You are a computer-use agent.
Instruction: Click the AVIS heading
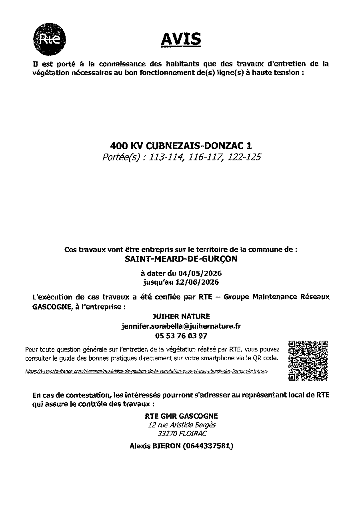[x=181, y=39]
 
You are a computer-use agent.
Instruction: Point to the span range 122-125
[x=244, y=157]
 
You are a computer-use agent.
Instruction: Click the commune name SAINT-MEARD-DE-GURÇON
[x=181, y=259]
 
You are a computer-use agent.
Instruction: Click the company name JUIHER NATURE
[x=181, y=317]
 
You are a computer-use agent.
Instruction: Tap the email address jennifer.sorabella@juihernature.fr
[x=181, y=326]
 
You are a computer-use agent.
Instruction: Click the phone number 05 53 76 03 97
[x=181, y=335]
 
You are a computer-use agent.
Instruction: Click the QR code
[x=308, y=360]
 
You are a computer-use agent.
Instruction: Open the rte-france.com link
[x=146, y=371]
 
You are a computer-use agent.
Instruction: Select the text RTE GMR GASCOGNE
[x=181, y=416]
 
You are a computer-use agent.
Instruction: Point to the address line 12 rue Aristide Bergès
[x=182, y=425]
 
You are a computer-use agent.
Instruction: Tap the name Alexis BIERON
[x=154, y=445]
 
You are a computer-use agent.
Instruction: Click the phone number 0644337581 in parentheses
[x=208, y=445]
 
